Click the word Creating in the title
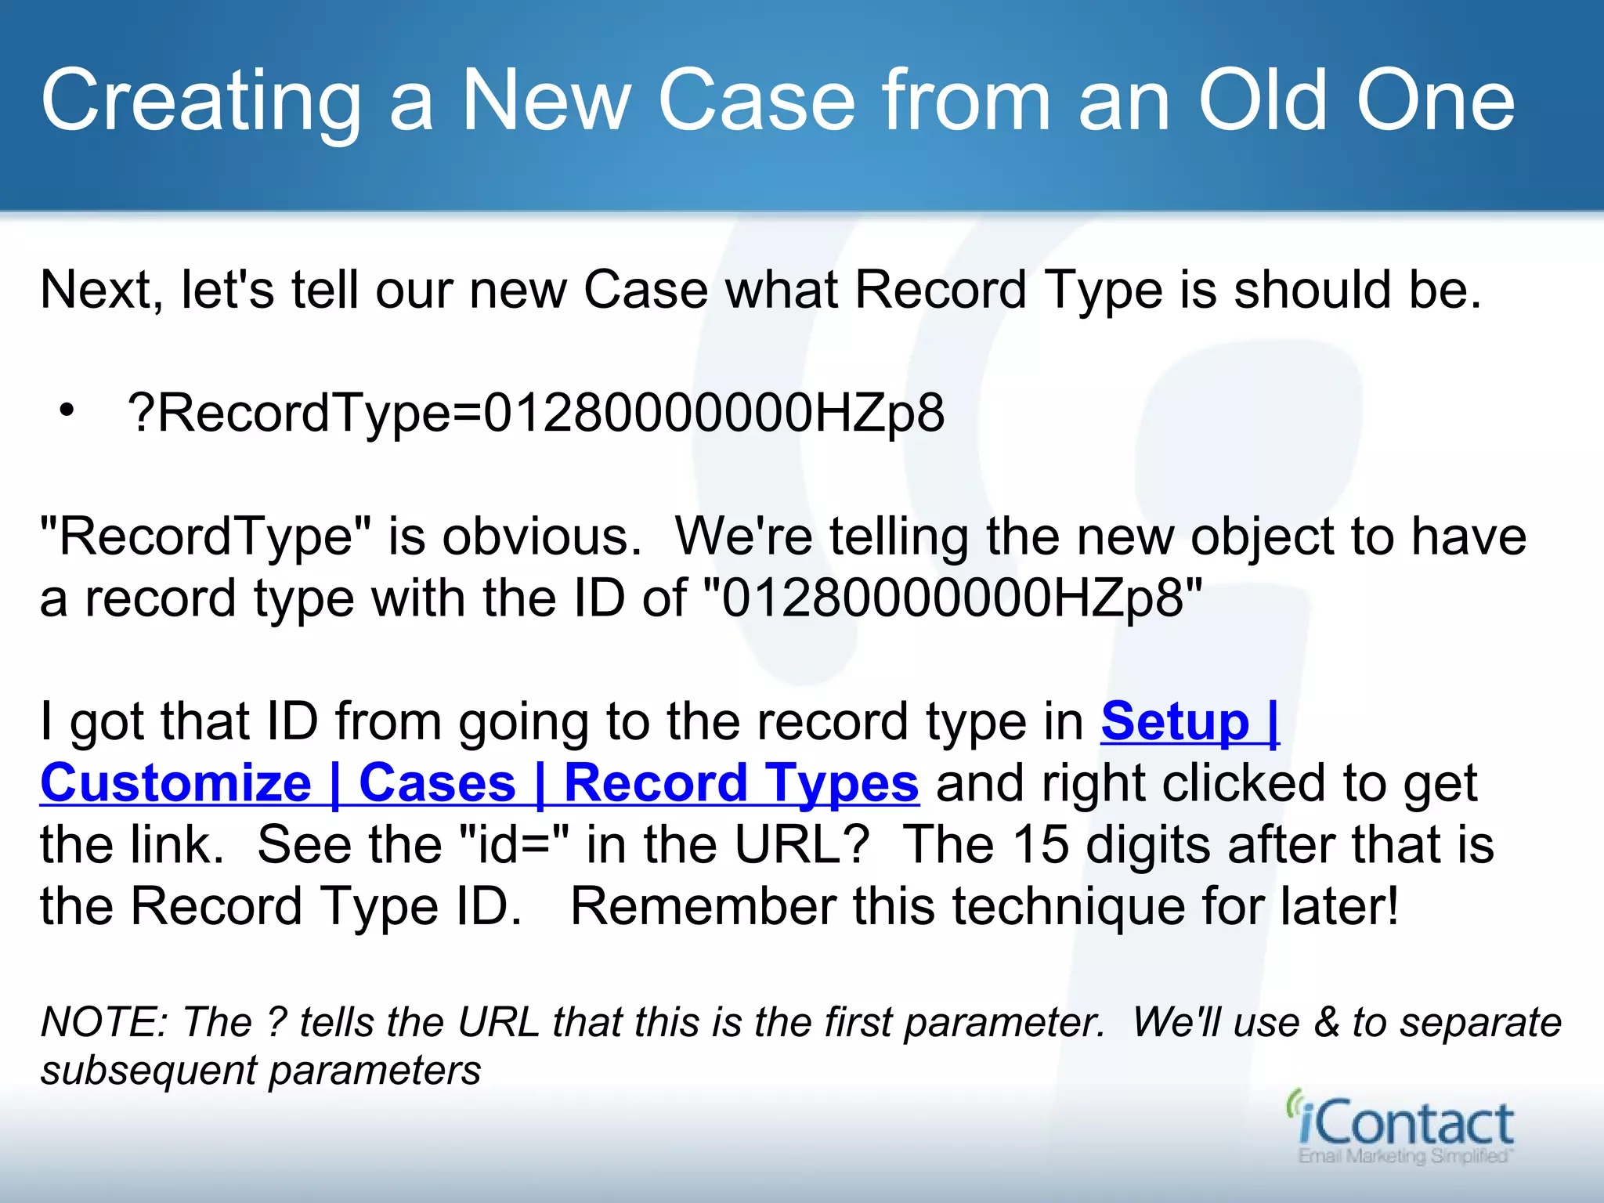[x=200, y=102]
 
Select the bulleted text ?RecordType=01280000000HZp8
[x=536, y=413]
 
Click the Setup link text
[x=1175, y=721]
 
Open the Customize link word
[x=176, y=783]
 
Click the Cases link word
[x=437, y=783]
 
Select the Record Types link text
[x=741, y=783]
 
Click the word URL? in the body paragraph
[x=802, y=844]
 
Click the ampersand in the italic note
[x=1326, y=1022]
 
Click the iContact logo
[x=1402, y=1122]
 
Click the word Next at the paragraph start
[x=96, y=290]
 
